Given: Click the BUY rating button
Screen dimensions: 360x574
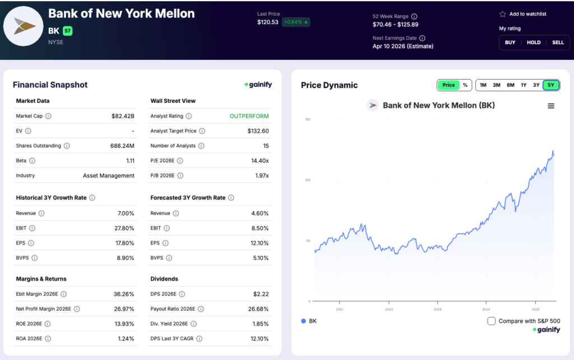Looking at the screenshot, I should tap(510, 43).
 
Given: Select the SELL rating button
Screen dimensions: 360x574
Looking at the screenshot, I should tap(558, 43).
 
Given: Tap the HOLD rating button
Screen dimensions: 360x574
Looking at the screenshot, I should tap(534, 43).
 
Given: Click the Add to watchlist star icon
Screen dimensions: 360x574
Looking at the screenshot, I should tap(503, 14).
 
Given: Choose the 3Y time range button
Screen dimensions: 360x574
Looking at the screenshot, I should tap(536, 85).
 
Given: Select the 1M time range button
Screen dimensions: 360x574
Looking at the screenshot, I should tap(483, 85).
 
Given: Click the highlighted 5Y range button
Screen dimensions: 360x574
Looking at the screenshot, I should tap(551, 85).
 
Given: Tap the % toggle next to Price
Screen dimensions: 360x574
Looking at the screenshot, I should tap(465, 85).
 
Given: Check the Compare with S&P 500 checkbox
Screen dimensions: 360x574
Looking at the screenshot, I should tap(492, 321).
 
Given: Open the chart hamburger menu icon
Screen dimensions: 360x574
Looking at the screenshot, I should tap(551, 106).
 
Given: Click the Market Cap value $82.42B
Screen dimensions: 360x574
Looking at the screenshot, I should tap(123, 116).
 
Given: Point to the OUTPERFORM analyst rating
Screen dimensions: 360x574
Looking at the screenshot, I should tap(249, 116).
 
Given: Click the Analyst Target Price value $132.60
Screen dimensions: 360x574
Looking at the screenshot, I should tap(258, 131).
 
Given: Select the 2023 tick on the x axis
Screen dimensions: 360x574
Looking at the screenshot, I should tap(437, 310).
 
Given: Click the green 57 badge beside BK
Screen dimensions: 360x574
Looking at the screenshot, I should tap(68, 31).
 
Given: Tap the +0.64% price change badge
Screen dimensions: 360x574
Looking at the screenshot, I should tap(296, 22).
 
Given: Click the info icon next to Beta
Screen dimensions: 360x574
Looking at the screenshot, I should tap(32, 161).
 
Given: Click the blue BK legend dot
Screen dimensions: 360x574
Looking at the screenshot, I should tap(304, 321).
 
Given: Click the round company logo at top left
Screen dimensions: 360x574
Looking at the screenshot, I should tap(23, 26).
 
